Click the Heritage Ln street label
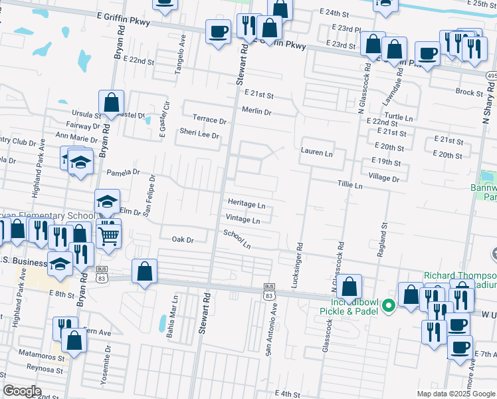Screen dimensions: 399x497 [247, 205]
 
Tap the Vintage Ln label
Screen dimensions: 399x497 [243, 219]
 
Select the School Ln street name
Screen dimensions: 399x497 [237, 239]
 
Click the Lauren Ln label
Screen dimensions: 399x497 [316, 152]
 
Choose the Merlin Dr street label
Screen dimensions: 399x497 [257, 112]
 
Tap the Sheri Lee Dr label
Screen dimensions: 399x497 [199, 134]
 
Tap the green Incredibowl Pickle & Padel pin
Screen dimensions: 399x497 [390, 306]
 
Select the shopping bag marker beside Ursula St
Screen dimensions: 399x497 [112, 103]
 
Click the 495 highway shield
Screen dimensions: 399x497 [492, 76]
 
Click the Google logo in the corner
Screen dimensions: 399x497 [23, 390]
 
